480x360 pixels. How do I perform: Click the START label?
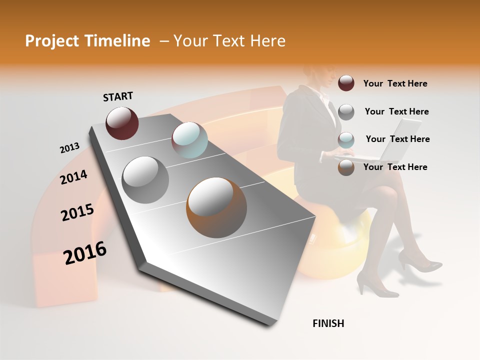pos(118,96)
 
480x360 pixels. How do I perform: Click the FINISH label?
pos(328,323)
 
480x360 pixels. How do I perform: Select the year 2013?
pos(69,147)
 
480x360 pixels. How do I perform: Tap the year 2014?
pos(73,177)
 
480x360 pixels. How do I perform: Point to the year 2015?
pos(77,212)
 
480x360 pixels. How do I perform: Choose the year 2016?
pos(85,253)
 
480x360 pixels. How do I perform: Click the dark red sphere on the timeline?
pos(122,123)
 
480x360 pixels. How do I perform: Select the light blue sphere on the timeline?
pos(189,139)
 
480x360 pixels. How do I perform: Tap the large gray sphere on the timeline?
pos(145,179)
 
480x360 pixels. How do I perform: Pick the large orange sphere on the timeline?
pos(216,207)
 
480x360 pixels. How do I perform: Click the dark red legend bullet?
pos(346,83)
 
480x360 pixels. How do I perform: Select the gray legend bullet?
pos(346,111)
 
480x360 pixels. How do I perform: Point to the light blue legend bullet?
pos(346,139)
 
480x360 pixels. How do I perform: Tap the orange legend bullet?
pos(346,167)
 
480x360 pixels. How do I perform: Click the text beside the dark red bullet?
pos(395,83)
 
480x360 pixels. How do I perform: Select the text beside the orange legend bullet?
pos(395,167)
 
